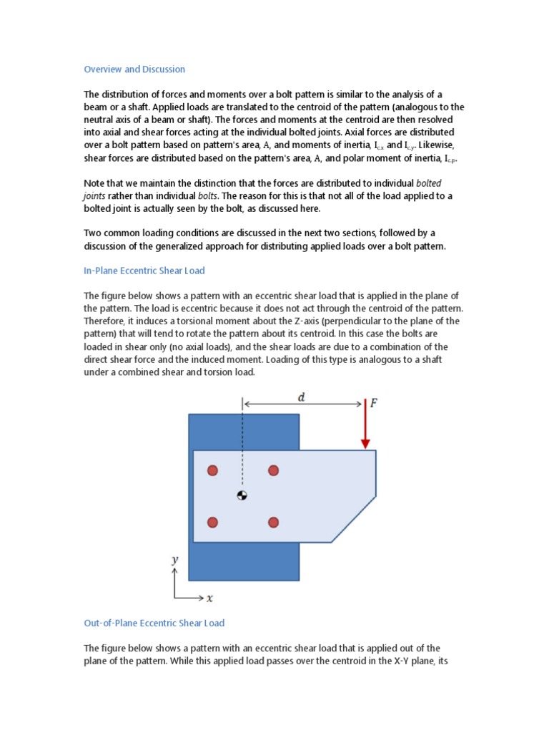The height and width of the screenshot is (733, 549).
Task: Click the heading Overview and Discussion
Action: click(x=134, y=69)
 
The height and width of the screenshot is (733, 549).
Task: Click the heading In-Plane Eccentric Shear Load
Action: click(x=144, y=271)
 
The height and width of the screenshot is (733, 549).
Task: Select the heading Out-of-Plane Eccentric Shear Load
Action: click(x=154, y=623)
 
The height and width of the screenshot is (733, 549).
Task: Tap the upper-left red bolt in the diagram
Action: click(x=212, y=470)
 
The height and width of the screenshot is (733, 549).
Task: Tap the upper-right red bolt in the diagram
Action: click(x=273, y=470)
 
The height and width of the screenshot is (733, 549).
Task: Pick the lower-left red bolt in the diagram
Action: click(x=212, y=523)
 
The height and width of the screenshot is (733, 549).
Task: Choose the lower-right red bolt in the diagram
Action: click(x=273, y=523)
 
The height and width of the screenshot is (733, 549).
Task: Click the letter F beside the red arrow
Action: click(x=374, y=404)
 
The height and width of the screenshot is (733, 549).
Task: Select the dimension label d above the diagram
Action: click(x=301, y=397)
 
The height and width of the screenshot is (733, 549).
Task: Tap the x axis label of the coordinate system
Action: click(x=210, y=598)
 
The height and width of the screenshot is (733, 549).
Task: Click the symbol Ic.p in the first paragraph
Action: click(x=447, y=158)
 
